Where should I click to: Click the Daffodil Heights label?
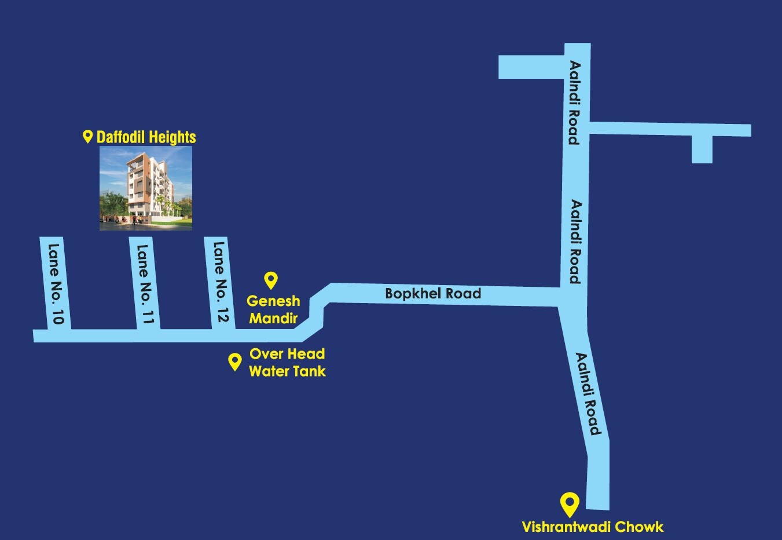coord(146,137)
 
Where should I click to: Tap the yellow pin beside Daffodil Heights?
coord(88,137)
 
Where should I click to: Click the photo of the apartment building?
coord(146,188)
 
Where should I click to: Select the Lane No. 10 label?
coord(56,284)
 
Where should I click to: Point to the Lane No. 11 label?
coord(145,284)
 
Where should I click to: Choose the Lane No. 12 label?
coord(221,282)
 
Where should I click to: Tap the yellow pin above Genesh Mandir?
coord(270,280)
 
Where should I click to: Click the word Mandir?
coord(273,318)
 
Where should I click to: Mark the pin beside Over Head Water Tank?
coord(234,362)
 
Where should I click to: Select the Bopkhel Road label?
coord(433,294)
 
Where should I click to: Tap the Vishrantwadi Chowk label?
coord(592,527)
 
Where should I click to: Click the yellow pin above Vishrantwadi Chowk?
coord(570,503)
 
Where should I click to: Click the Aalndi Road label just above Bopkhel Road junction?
coord(575,242)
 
